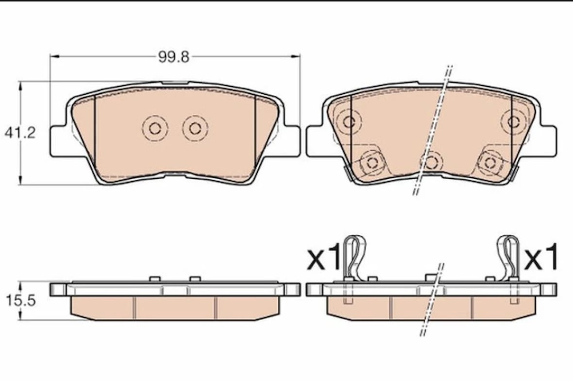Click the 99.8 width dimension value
[x=174, y=57]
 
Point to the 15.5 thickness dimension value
[x=21, y=300]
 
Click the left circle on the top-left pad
[x=155, y=128]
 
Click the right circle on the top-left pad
[x=195, y=128]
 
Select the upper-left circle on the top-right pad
[x=349, y=122]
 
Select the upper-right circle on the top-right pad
[x=514, y=122]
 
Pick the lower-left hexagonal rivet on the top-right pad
[x=372, y=162]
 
